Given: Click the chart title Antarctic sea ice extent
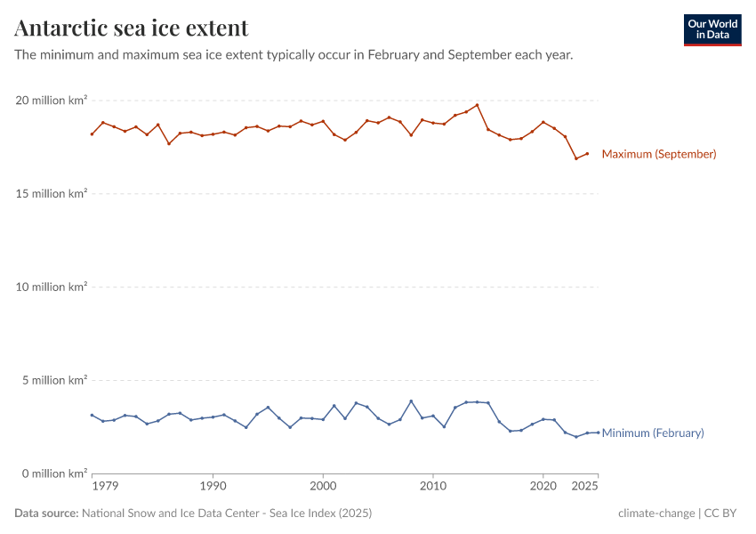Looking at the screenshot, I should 132,28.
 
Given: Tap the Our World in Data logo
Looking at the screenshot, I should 712,29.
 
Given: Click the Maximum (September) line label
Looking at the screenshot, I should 659,154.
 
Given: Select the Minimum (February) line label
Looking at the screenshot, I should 653,433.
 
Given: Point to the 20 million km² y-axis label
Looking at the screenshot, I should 51,101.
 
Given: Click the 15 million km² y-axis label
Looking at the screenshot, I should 51,194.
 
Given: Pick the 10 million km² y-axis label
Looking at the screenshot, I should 51,287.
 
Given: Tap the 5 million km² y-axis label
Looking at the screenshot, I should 53,380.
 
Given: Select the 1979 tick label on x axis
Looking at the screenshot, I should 105,487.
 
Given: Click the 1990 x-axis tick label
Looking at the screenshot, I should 213,487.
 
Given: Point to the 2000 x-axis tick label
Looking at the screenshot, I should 323,487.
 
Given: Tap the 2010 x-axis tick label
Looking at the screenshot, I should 433,487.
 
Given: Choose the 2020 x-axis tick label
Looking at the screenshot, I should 543,487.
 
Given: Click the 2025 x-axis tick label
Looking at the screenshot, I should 585,487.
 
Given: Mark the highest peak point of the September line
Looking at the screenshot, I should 477,105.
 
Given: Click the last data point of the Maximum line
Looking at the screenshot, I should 587,154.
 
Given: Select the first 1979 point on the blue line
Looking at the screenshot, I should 92,415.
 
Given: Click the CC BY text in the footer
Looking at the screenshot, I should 722,514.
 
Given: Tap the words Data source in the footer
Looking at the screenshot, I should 46,514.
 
